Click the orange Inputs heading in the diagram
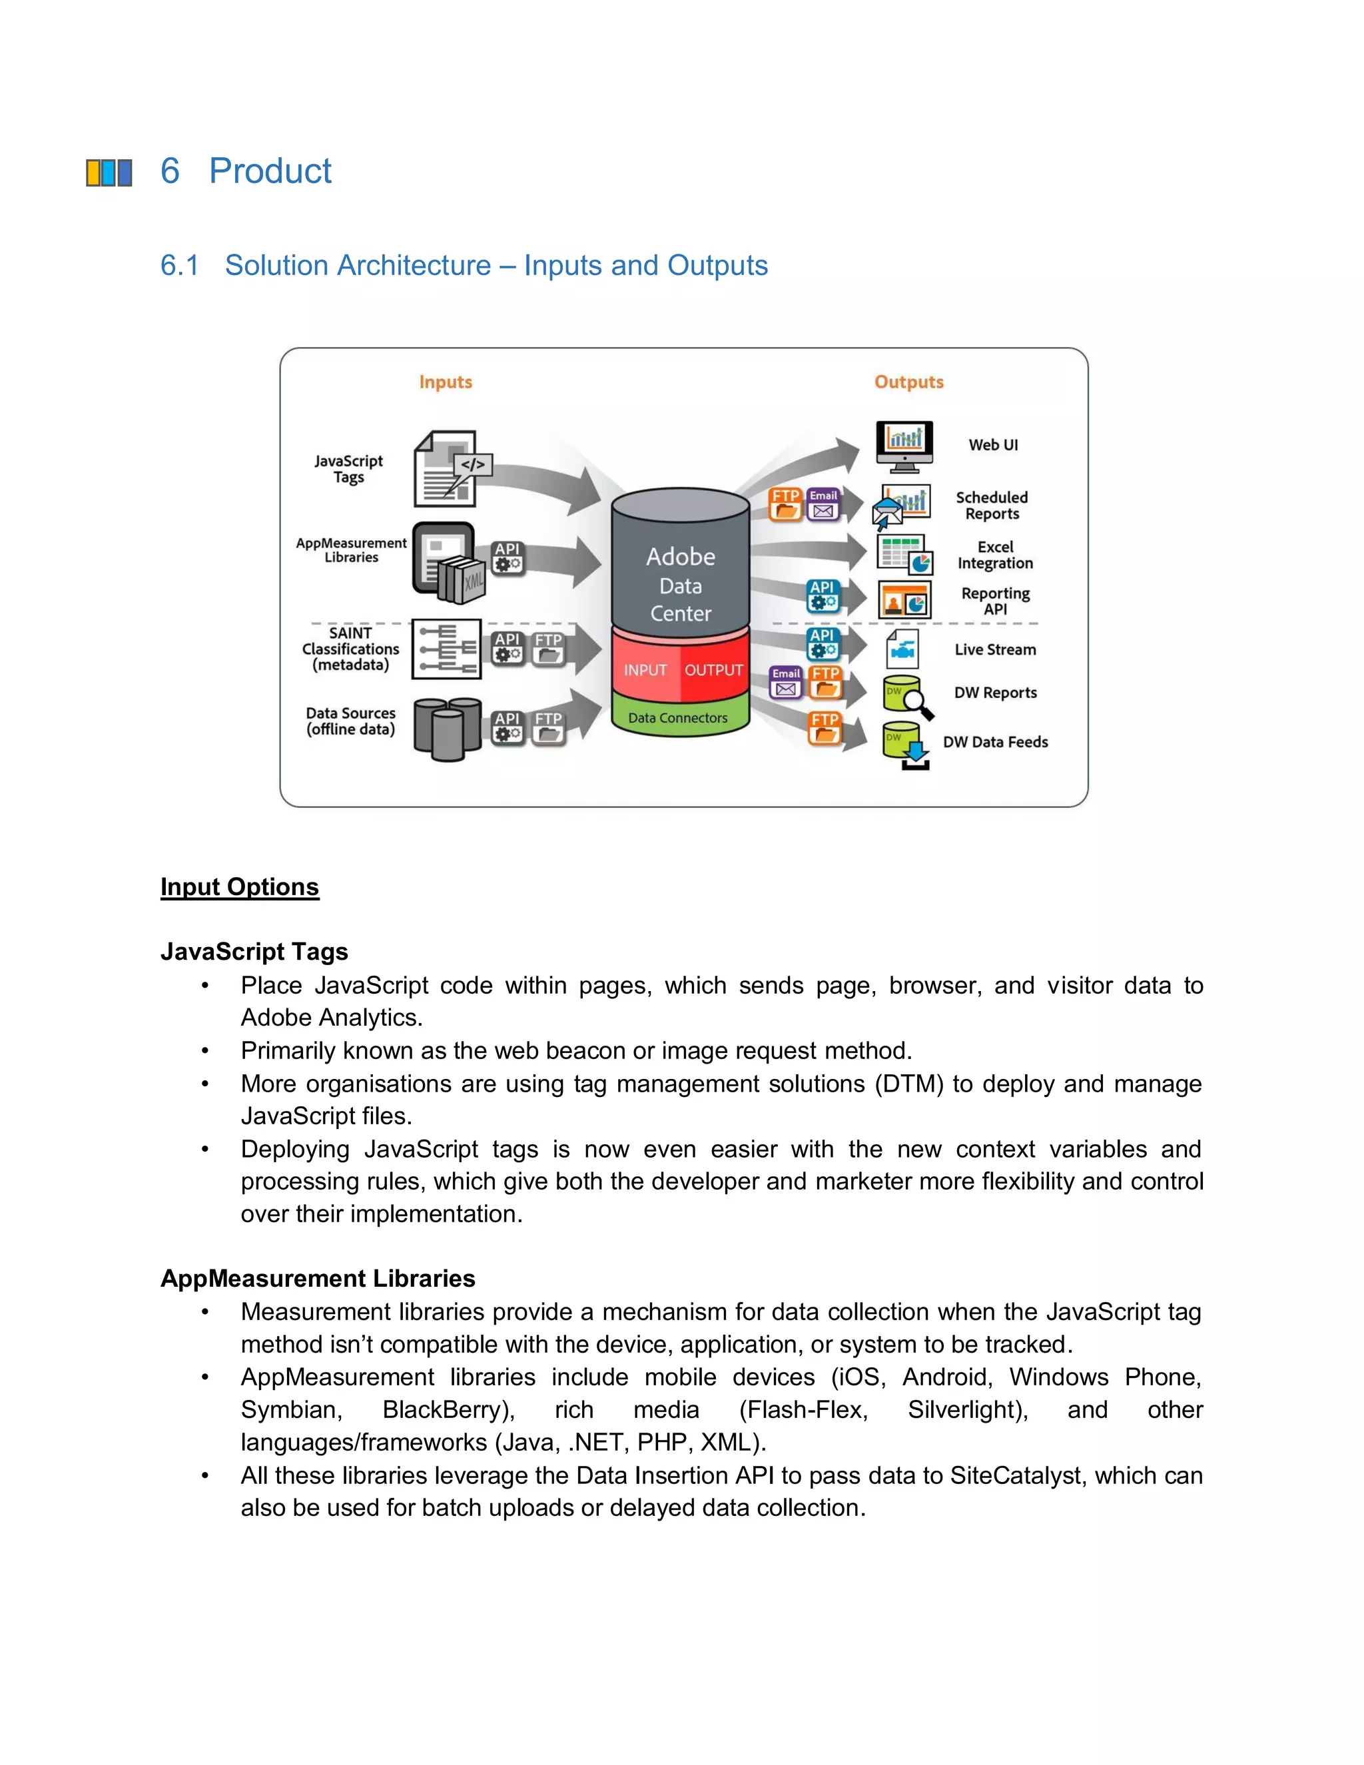[446, 382]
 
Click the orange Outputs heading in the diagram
[908, 382]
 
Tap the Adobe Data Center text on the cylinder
[681, 584]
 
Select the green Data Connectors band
[678, 717]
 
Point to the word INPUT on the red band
[645, 670]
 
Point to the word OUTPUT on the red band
[713, 670]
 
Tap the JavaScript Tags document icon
[451, 469]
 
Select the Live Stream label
[995, 650]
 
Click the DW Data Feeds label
[995, 742]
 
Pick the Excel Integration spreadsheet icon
[904, 553]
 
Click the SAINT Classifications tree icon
[446, 649]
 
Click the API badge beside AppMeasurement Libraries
[508, 557]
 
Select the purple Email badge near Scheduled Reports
[823, 504]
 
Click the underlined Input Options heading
[239, 886]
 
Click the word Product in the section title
[270, 171]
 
